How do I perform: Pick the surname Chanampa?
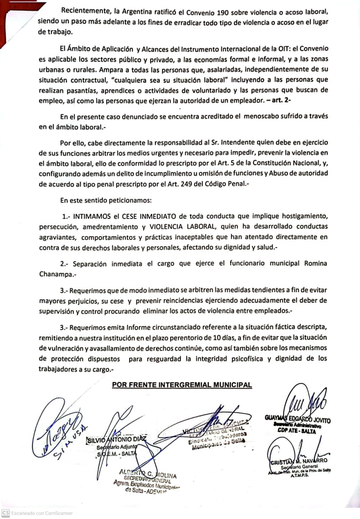55,274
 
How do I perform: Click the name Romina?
315,263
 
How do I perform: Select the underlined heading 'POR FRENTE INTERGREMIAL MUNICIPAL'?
182,385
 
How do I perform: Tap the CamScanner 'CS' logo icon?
6,513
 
